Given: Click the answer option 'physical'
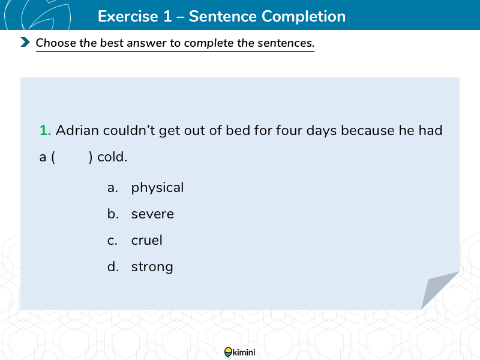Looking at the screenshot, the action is click(157, 188).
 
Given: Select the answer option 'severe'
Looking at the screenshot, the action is click(152, 214).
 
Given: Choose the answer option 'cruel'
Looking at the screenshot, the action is click(146, 241).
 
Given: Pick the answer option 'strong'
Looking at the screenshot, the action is click(152, 267).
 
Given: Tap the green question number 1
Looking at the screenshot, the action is click(46, 130).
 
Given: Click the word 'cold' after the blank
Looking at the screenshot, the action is click(112, 157).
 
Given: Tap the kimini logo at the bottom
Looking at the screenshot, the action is click(239, 352).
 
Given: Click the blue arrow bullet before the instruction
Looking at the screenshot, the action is click(25, 42).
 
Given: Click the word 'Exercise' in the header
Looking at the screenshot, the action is click(128, 16).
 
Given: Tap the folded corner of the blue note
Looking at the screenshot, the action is click(438, 289).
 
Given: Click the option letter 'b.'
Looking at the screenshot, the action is click(113, 214).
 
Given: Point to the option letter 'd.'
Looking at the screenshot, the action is click(113, 266).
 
